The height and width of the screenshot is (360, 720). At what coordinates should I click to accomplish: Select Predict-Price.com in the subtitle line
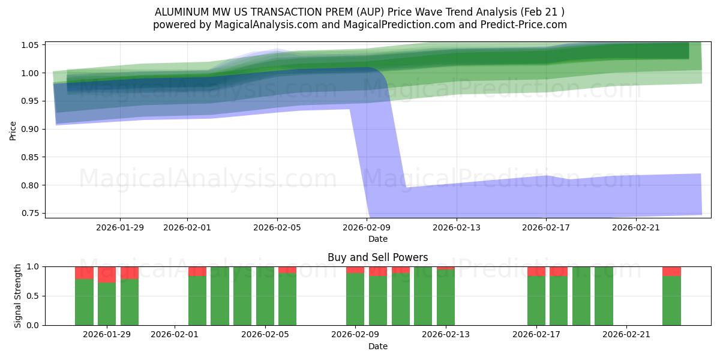(x=527, y=25)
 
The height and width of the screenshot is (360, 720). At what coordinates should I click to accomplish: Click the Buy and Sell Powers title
(x=377, y=257)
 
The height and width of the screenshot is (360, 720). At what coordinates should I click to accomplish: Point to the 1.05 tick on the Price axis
(x=31, y=45)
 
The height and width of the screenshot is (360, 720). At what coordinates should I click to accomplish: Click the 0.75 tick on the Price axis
(x=31, y=213)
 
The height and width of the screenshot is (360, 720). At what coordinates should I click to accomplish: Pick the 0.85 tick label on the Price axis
(x=31, y=157)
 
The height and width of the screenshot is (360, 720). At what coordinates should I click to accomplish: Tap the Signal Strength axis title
(x=18, y=295)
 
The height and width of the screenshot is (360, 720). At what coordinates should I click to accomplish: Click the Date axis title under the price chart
(x=377, y=239)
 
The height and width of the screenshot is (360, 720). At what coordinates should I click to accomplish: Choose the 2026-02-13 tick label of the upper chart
(x=457, y=227)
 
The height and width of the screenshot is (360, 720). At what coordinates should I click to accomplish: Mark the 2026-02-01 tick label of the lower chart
(x=175, y=335)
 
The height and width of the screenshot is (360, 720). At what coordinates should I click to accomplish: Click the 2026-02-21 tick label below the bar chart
(x=626, y=335)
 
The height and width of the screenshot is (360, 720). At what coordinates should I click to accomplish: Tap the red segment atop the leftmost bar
(x=84, y=272)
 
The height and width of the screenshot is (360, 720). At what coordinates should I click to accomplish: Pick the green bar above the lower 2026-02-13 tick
(x=446, y=297)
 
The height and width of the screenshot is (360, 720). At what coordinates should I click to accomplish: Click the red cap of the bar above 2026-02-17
(x=536, y=271)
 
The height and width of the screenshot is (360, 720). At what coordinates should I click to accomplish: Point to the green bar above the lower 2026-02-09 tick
(x=355, y=299)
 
